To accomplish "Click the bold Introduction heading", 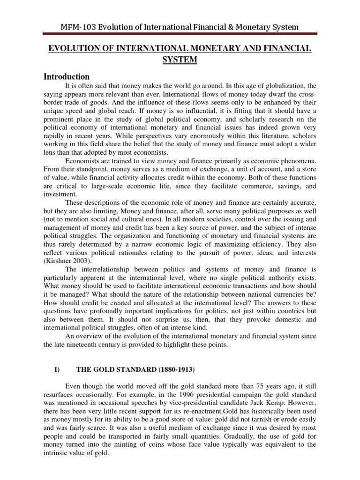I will pyautogui.click(x=67, y=76).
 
